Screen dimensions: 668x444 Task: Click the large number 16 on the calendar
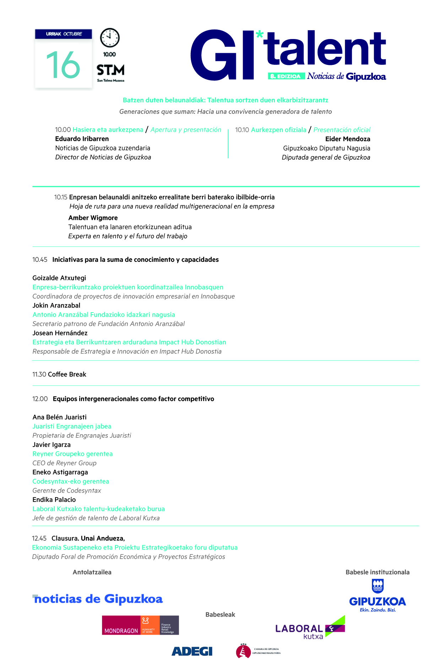point(63,65)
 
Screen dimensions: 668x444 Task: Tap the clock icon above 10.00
point(110,38)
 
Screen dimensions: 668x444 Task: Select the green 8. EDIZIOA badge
point(286,76)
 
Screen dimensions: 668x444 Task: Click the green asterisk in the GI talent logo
point(260,35)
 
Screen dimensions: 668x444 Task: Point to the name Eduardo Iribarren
point(82,139)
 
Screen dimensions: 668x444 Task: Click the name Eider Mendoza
point(347,139)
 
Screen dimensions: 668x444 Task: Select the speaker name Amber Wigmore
point(93,218)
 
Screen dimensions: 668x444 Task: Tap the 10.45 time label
point(40,260)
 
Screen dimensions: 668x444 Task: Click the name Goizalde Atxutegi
point(59,278)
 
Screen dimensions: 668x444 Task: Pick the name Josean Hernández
point(60,333)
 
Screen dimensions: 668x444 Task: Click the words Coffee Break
point(67,375)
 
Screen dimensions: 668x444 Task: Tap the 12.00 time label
point(40,399)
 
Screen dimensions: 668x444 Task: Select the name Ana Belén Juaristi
point(60,418)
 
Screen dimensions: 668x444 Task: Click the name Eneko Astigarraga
point(60,473)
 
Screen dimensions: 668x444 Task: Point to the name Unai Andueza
point(103,539)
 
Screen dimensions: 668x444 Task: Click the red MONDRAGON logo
point(140,625)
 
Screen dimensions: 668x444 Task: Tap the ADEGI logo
point(192,651)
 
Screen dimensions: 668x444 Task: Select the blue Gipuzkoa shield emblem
point(378,586)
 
